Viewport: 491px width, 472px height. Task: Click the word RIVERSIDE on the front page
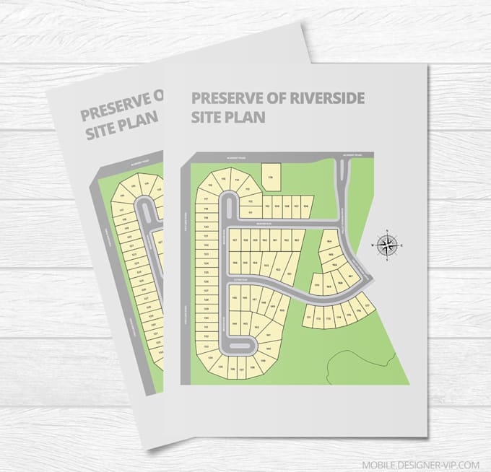322,97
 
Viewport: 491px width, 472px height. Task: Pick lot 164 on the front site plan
329,242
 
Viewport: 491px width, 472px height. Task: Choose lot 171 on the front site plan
310,317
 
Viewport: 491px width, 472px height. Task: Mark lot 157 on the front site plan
235,240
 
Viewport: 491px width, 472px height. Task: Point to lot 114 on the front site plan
236,181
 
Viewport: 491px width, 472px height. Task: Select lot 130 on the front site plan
207,318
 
